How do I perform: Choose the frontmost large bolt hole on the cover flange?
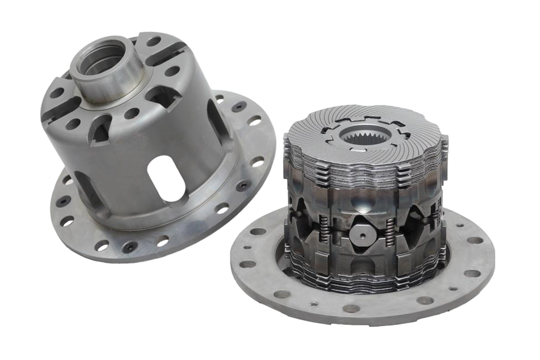click(351, 308)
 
